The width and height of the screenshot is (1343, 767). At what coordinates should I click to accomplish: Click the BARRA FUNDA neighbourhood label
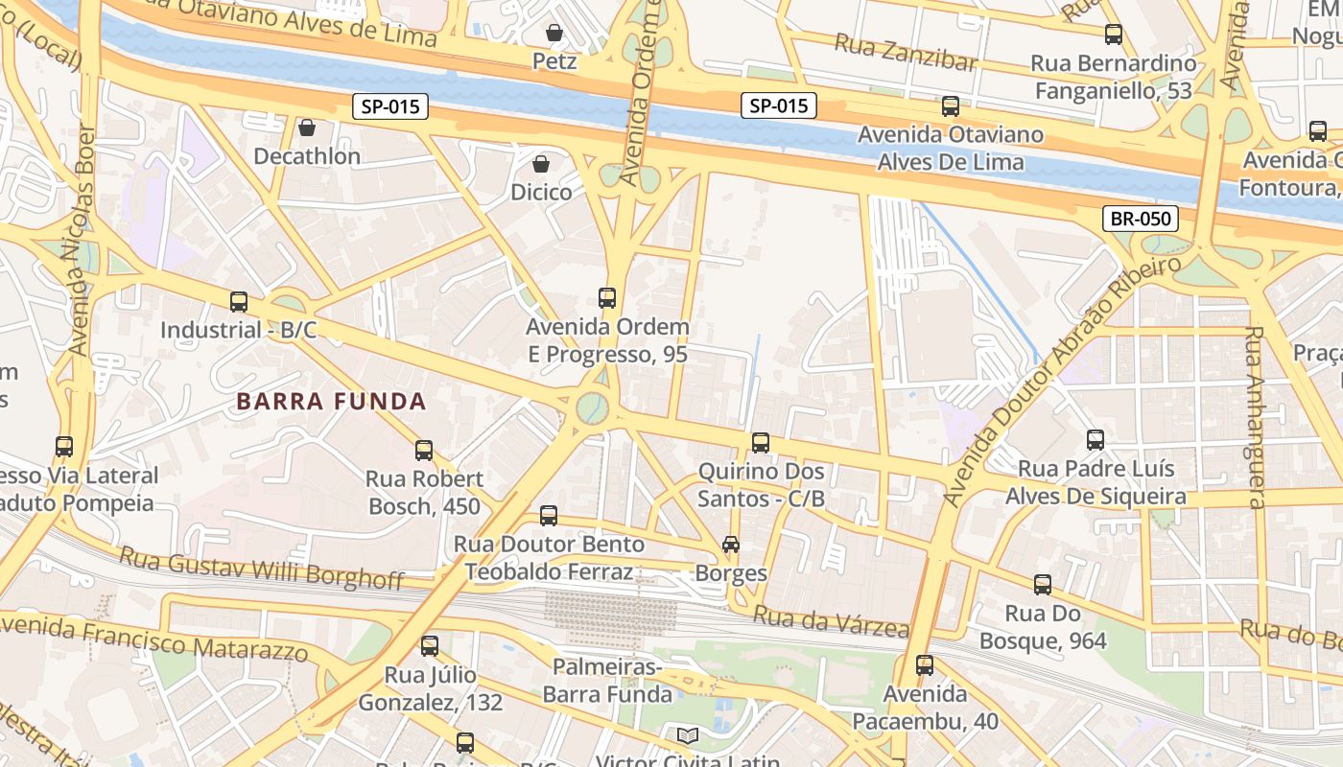pos(331,401)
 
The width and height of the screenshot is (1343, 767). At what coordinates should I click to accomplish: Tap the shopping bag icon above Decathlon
pos(307,128)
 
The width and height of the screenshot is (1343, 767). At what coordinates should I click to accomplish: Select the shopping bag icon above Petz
pos(554,34)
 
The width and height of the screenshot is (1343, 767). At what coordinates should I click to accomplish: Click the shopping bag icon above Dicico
pos(541,164)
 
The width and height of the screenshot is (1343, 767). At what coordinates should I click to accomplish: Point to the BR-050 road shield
pos(1141,219)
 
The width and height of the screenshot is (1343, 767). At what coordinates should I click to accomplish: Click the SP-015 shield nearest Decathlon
pos(390,106)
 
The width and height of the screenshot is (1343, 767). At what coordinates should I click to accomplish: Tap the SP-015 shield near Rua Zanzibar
pos(778,105)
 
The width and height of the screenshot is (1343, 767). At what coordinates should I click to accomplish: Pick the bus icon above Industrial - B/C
pos(239,302)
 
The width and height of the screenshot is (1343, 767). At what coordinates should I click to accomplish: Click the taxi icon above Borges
pos(731,545)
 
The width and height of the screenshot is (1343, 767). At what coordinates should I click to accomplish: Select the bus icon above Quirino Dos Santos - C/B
pos(761,443)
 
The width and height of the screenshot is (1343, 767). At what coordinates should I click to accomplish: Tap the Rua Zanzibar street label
pos(905,53)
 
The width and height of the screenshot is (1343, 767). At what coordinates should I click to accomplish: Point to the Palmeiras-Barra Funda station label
pos(607,680)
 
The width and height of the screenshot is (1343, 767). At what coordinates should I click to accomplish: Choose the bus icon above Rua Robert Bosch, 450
pos(424,450)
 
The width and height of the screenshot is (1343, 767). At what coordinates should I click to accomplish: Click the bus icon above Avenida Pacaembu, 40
pos(925,664)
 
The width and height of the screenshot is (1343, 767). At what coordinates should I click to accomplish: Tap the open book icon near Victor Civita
pos(687,736)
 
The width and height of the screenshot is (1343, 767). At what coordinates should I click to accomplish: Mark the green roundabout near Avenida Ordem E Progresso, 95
pos(593,407)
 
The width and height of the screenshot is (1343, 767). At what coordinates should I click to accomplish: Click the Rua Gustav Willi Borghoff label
pos(262,568)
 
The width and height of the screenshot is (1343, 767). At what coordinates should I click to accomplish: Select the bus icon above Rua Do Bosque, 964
pos(1043,584)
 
